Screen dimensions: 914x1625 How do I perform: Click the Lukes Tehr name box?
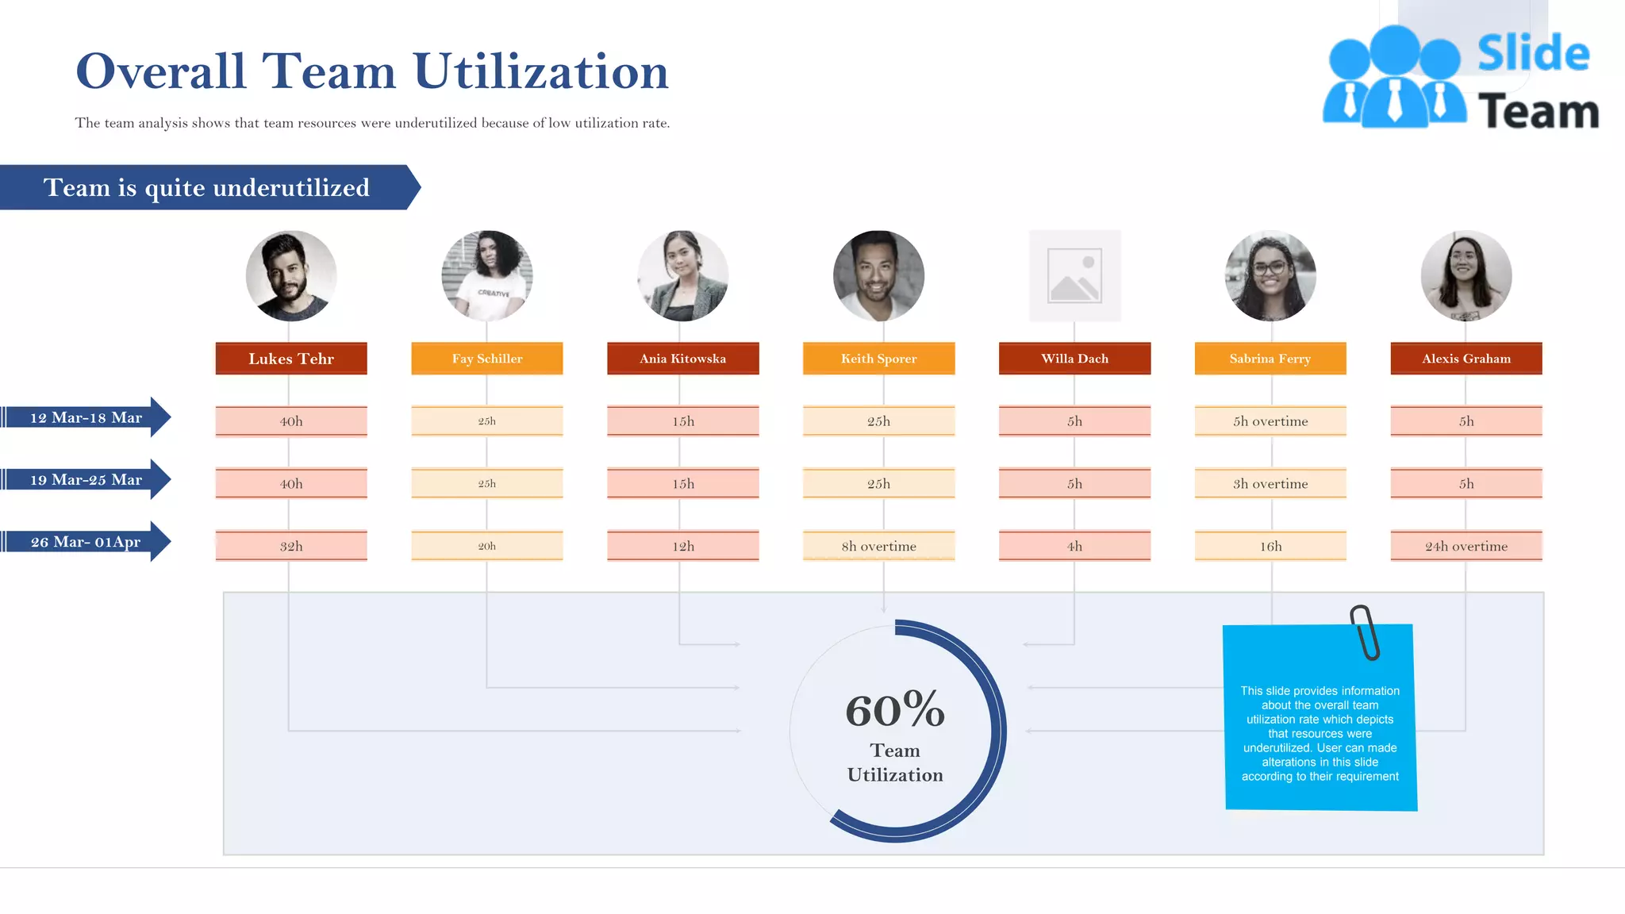291,359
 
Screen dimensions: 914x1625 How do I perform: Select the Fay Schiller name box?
487,359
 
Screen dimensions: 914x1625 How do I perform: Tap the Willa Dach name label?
1074,359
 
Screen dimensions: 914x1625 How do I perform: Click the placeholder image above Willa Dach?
1074,275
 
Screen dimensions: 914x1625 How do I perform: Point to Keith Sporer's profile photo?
878,275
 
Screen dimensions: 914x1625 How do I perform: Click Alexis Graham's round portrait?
1466,275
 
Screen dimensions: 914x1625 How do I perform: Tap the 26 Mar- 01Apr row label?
86,542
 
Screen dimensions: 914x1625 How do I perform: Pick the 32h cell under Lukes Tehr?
291,546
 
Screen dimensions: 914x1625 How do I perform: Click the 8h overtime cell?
878,546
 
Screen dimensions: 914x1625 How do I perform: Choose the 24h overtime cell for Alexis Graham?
1466,546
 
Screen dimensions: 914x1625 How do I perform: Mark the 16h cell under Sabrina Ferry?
1270,546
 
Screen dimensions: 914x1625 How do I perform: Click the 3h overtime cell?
1270,483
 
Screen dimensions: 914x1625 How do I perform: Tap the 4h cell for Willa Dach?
1074,546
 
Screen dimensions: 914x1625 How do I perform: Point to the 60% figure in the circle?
895,709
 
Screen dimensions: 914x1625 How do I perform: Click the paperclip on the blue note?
1365,632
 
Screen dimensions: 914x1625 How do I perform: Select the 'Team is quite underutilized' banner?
206,187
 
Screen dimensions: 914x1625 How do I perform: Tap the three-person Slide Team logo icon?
1394,78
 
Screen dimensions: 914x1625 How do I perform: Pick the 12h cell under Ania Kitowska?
682,546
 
